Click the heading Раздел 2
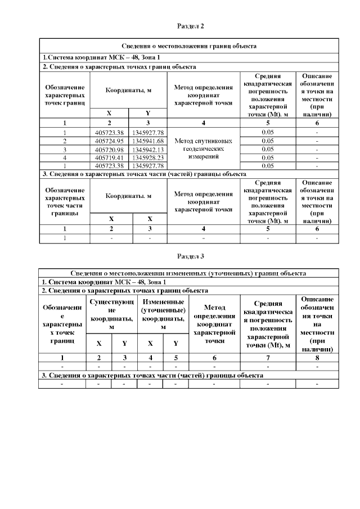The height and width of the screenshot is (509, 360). [x=190, y=26]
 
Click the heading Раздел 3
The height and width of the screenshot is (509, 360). [x=190, y=256]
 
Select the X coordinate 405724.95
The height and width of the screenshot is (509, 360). [x=110, y=141]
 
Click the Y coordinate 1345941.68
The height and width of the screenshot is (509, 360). [x=148, y=141]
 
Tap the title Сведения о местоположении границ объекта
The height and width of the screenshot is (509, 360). [x=189, y=46]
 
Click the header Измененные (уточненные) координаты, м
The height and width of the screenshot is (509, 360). [x=163, y=314]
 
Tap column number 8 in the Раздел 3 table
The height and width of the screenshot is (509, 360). [x=318, y=357]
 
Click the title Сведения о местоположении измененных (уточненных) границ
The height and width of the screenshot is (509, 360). [x=189, y=273]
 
